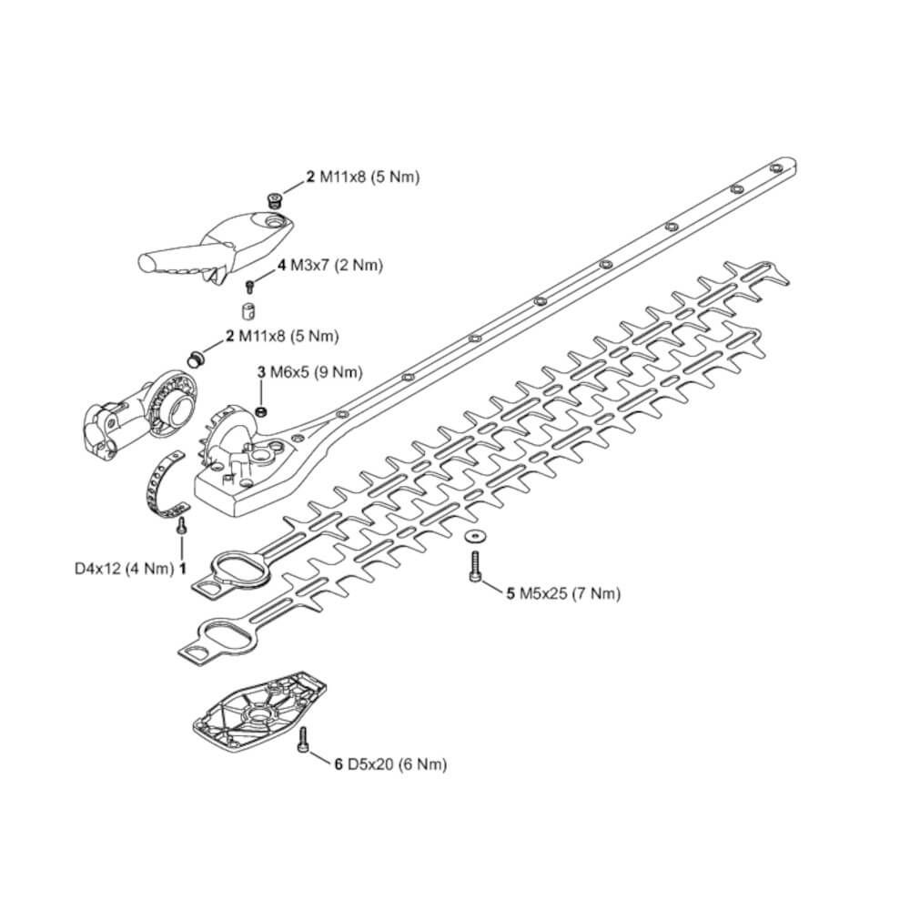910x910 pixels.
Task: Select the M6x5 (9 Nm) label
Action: [315, 371]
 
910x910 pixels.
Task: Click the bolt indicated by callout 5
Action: [474, 564]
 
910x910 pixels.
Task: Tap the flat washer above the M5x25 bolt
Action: [474, 533]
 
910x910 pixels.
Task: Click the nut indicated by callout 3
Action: [261, 412]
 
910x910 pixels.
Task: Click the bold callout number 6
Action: [339, 765]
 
